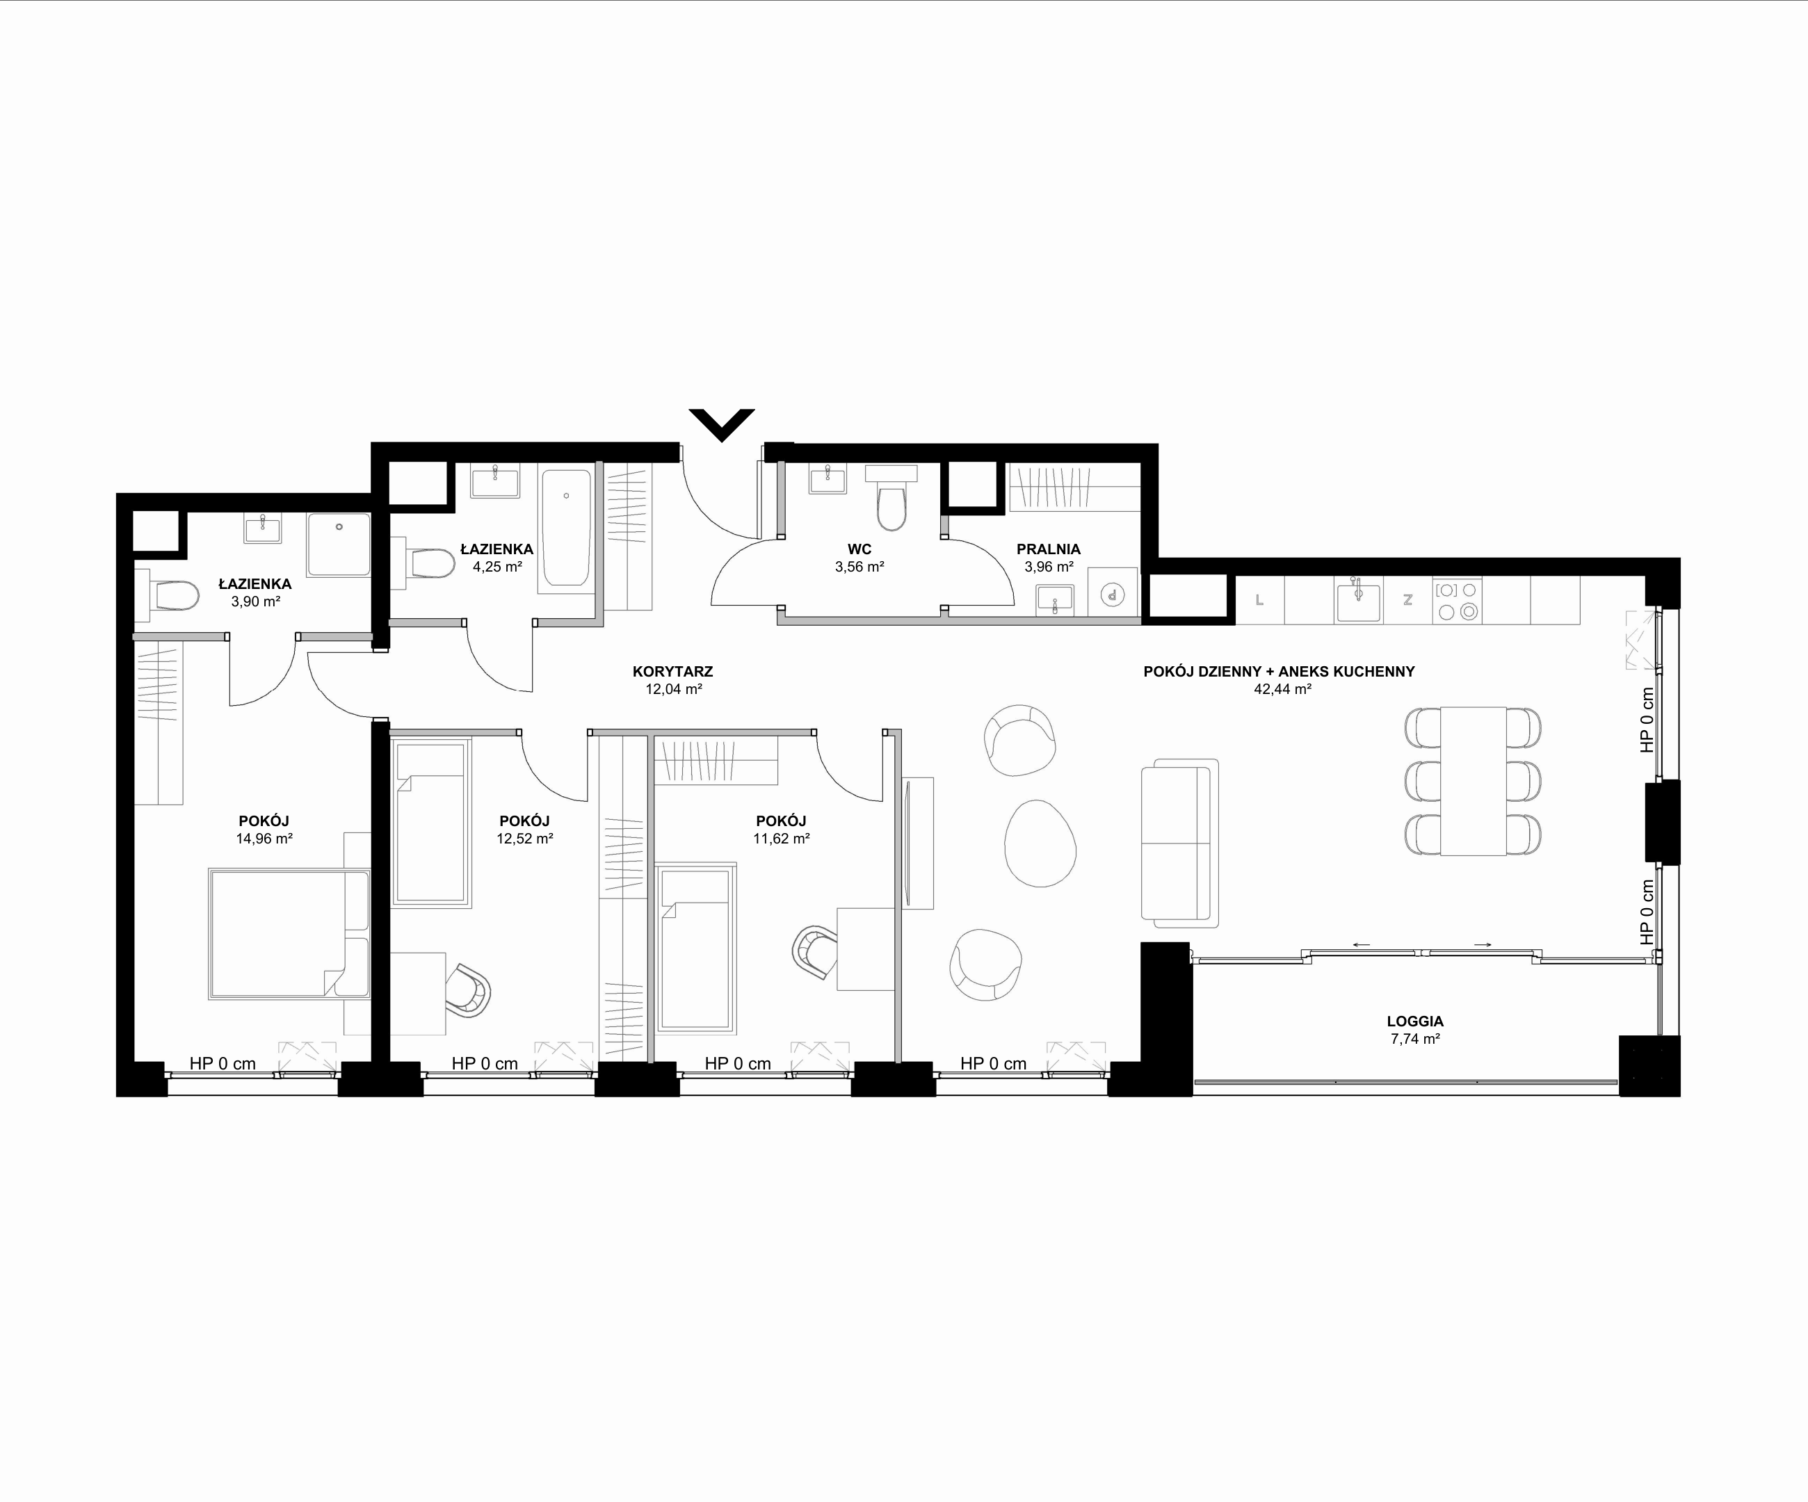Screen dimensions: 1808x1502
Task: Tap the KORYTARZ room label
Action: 672,672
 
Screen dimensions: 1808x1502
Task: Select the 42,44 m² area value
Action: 1282,688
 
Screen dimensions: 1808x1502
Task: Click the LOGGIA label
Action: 1415,1021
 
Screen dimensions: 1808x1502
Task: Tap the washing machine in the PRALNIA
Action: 1113,593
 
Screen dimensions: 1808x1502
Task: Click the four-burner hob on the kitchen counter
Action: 1457,600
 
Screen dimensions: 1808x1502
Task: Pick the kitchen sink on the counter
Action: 1357,599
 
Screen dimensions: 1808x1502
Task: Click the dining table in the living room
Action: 1473,781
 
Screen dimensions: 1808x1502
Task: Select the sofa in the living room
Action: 1179,843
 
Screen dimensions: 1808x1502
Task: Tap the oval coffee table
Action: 1040,843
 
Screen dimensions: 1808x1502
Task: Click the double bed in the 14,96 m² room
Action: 289,934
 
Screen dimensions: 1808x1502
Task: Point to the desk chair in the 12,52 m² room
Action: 467,991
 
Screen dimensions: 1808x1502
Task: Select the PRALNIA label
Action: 1048,549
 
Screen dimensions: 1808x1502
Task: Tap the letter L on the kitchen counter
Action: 1259,600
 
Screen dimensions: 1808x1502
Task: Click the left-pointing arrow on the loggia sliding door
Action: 1361,945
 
